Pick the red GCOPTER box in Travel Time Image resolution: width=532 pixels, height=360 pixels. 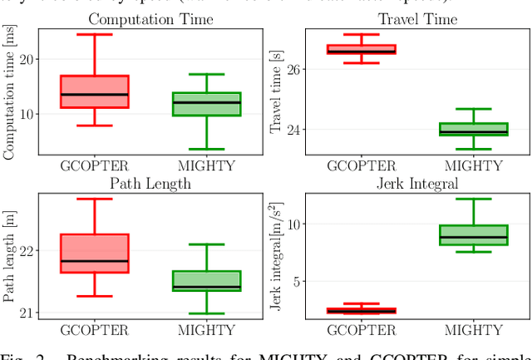(x=362, y=49)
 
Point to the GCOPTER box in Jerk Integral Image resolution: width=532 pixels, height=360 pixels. (x=362, y=311)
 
